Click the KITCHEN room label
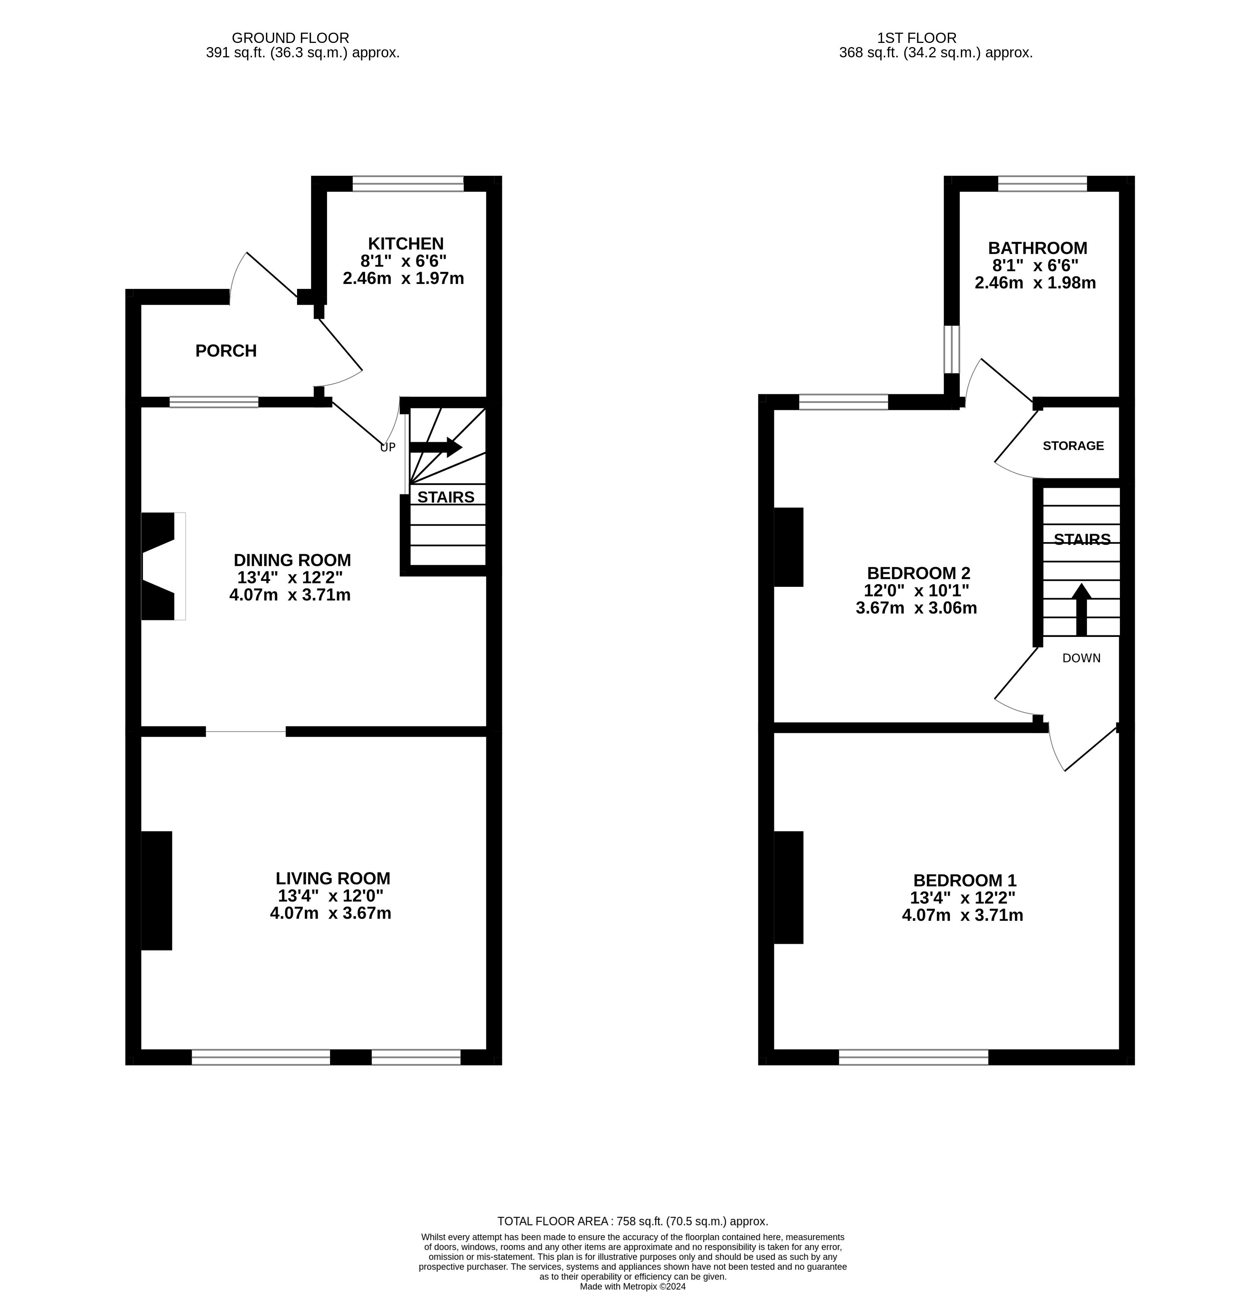[406, 244]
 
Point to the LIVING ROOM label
[333, 878]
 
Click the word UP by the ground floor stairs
[388, 447]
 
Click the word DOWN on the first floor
[1081, 658]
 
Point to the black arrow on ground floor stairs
[436, 447]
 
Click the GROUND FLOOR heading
[291, 38]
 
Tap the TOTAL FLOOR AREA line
[632, 1221]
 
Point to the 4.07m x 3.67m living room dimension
[330, 914]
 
